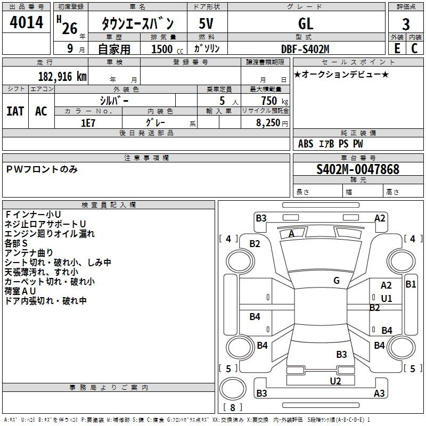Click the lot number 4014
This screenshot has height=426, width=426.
[27, 23]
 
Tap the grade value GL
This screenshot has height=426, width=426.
[306, 23]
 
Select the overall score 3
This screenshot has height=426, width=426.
[406, 24]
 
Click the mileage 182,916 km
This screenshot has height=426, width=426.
[62, 76]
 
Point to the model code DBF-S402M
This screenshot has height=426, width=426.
[306, 49]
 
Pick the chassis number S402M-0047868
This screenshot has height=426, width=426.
[358, 169]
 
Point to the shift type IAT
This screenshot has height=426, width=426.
[15, 111]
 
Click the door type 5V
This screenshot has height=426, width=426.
[207, 23]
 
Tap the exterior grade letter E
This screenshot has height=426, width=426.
[397, 48]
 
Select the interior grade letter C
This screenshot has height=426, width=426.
[414, 48]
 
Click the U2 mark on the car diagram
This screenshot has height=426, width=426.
[335, 381]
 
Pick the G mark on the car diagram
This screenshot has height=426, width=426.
[337, 280]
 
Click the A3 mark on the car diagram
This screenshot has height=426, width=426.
[379, 394]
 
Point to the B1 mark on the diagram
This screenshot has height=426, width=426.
[411, 284]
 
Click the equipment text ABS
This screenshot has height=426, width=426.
[306, 143]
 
